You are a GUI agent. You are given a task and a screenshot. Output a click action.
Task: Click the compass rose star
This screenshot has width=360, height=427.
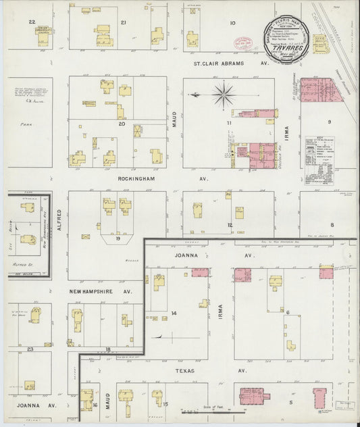pos(223,95)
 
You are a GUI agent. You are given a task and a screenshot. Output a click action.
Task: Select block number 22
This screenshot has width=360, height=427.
pos(32,22)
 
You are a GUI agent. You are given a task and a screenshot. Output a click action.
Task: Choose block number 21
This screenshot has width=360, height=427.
pos(123,22)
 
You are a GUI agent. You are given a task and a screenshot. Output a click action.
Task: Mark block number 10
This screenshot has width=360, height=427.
pos(232,23)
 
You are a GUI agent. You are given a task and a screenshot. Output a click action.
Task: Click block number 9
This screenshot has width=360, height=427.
pos(330,122)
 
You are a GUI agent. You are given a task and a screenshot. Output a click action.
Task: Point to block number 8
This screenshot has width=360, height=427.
pos(332,224)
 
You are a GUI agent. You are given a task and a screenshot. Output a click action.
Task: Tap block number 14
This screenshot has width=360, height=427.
pos(174,313)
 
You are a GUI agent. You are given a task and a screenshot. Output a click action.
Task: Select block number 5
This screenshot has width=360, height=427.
pos(291,402)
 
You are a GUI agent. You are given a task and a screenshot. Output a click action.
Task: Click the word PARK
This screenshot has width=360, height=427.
pos(26,125)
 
